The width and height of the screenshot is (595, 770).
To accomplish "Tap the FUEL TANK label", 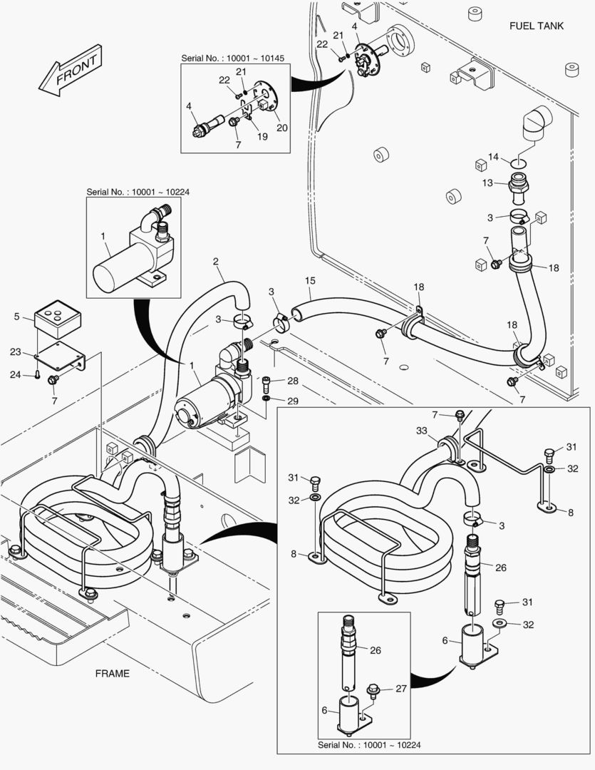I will pos(536,26).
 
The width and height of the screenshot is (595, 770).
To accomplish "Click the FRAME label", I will pos(113,672).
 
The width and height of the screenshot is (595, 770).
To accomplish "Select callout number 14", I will pos(494,157).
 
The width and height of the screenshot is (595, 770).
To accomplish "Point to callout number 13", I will pos(487,183).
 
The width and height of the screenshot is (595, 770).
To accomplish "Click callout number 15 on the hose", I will pos(310,280).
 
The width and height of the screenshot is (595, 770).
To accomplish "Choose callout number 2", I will pos(215,262).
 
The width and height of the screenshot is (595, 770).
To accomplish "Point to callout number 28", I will pos(293,381).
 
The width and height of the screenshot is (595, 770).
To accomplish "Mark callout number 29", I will pos(293,401).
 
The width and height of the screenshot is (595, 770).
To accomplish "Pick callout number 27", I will pos(401,688).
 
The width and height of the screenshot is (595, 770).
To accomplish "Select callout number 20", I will pos(281,128).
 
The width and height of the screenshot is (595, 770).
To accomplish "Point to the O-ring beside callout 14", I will pos(519,162).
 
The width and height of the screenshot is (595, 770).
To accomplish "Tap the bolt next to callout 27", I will pos(373,689).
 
